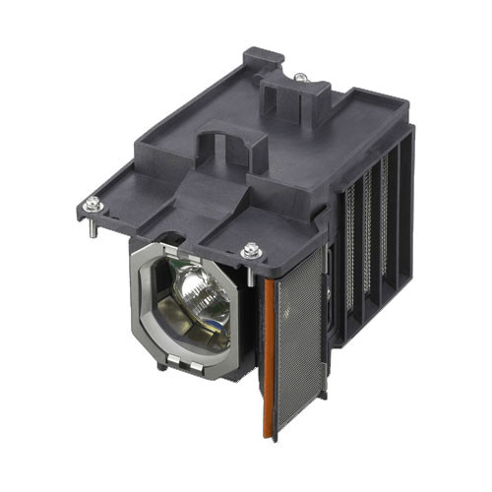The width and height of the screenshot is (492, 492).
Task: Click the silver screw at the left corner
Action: [x=92, y=204]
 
